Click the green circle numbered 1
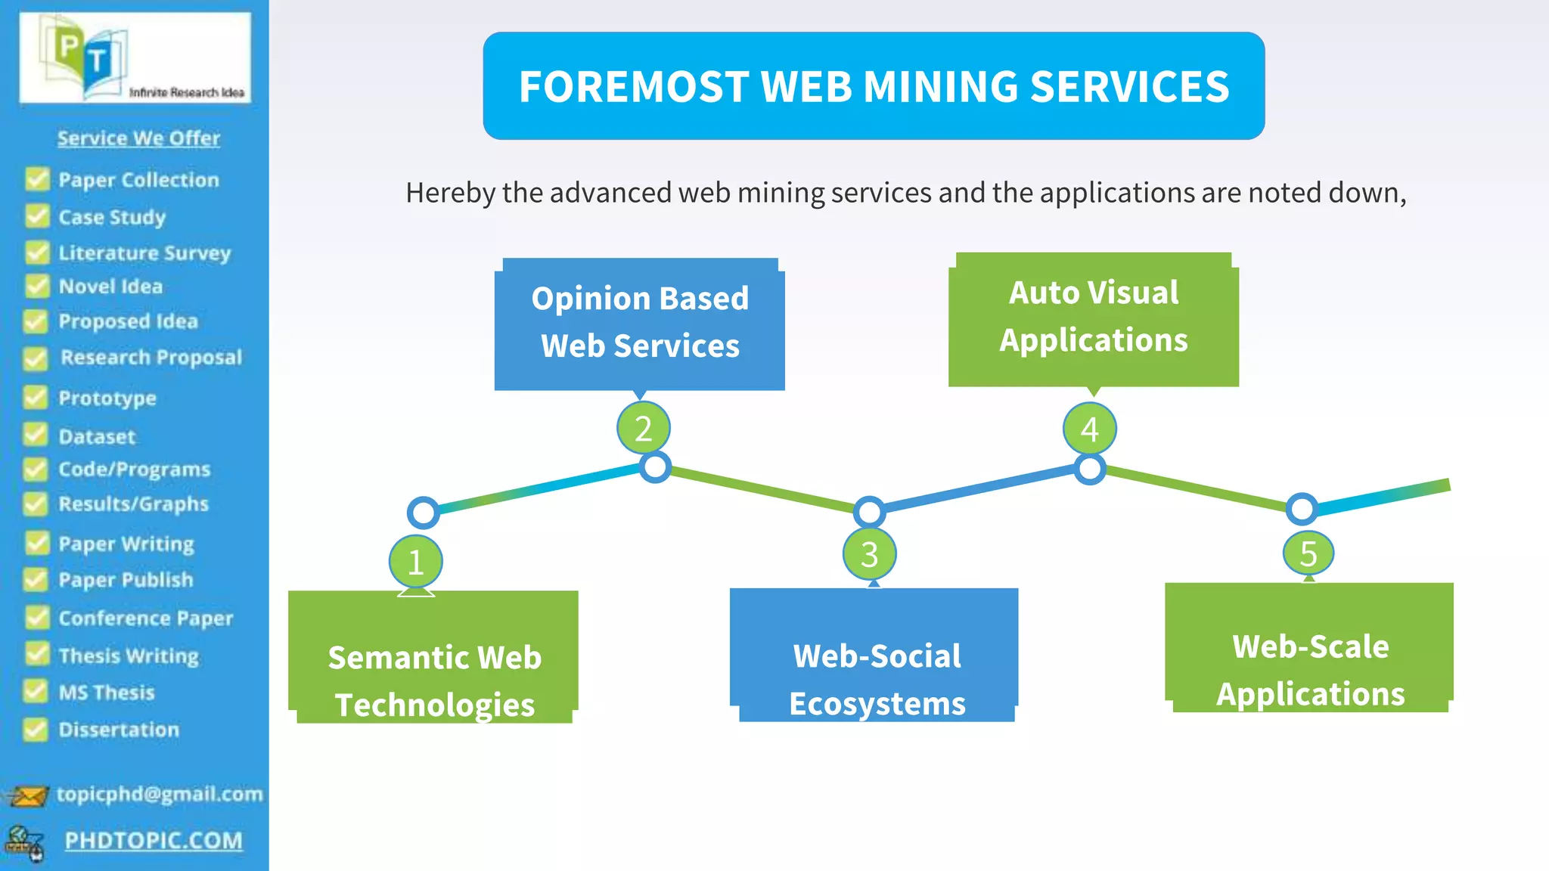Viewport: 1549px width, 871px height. [415, 562]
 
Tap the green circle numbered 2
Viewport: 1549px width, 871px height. [643, 429]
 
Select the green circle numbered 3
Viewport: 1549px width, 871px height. [870, 554]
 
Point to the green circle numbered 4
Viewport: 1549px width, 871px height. [1089, 429]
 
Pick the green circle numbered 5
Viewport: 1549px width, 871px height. [1308, 553]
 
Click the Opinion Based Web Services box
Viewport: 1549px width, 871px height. [640, 324]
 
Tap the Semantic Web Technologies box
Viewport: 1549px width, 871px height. [433, 657]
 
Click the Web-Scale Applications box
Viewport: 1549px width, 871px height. [1309, 648]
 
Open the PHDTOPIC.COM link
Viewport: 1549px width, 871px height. [154, 841]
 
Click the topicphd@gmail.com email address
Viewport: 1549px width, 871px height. [160, 794]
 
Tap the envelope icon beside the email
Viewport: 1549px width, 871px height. [27, 796]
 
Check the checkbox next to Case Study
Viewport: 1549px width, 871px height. [36, 216]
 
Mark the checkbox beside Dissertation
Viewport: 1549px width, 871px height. [36, 729]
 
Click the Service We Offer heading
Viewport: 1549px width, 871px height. [138, 138]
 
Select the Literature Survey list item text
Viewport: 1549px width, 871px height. [144, 253]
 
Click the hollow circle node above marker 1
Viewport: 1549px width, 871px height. [423, 513]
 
